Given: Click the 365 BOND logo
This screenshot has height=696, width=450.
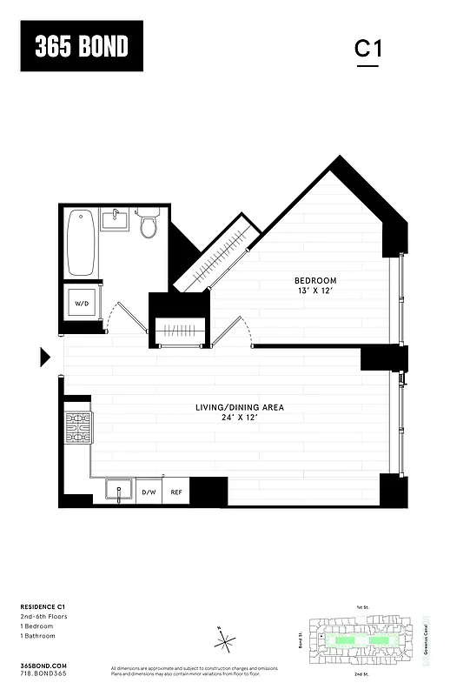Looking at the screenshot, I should (81, 46).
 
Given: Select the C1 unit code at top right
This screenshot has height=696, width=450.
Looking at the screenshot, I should (367, 49).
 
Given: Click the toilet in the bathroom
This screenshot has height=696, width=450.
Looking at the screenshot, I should (148, 224).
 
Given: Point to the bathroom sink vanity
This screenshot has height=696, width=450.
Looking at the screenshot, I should (116, 219).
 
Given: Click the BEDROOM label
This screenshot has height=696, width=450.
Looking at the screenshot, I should (315, 280).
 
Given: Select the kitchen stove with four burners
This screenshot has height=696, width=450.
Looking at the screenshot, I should (78, 428).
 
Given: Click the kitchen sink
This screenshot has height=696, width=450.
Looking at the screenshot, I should (118, 491).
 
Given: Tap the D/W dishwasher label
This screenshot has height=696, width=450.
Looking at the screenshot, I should (149, 492).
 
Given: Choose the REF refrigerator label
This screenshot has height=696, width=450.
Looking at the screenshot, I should (176, 492).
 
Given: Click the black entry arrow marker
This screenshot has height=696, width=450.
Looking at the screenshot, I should (45, 356).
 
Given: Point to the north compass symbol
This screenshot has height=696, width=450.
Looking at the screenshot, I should (225, 642).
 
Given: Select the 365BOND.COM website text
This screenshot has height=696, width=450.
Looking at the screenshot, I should (43, 664).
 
